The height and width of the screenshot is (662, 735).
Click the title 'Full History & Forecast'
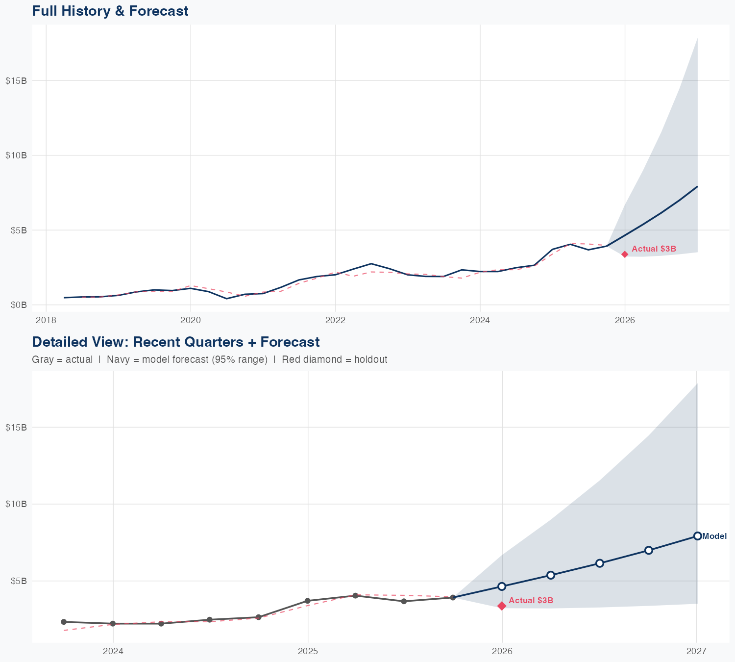(110, 11)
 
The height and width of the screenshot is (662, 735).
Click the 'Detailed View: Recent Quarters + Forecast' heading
(175, 342)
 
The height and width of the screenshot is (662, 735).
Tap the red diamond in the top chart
(625, 254)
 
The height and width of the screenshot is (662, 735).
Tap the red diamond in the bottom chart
(502, 606)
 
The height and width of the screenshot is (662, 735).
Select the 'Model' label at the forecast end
(714, 536)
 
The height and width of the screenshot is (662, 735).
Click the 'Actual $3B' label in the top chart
(654, 249)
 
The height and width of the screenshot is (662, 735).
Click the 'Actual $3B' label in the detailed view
(531, 601)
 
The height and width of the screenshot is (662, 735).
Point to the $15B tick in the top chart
(16, 80)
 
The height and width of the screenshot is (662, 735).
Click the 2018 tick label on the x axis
(46, 320)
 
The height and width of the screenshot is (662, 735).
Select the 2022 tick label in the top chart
(335, 320)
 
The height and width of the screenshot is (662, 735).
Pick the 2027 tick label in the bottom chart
(696, 651)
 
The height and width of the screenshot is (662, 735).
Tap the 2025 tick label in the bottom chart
(308, 651)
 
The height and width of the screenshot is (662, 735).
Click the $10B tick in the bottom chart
(16, 504)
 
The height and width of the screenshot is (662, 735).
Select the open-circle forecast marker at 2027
(697, 536)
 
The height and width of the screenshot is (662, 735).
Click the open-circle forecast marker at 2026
(502, 586)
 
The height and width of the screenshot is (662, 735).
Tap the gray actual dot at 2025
(308, 601)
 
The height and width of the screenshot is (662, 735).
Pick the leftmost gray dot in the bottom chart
(64, 622)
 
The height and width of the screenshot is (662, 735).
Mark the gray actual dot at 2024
(113, 624)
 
